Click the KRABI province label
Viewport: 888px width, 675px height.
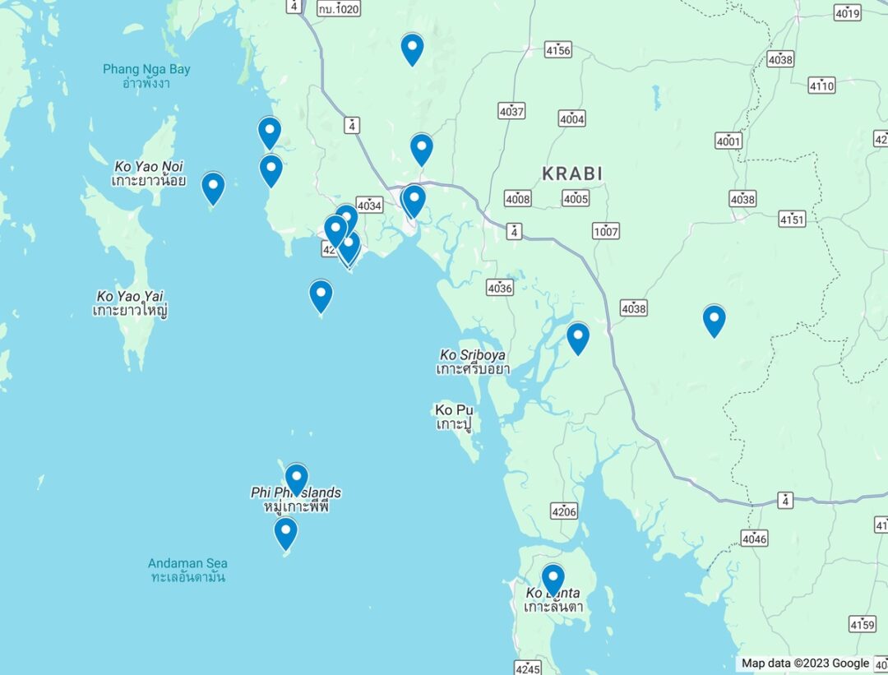point(572,173)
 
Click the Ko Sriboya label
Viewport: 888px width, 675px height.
point(473,362)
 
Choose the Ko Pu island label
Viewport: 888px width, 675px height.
point(455,417)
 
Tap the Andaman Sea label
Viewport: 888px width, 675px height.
point(187,570)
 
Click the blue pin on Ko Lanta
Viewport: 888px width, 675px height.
point(553,579)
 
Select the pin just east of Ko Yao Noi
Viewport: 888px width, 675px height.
point(213,187)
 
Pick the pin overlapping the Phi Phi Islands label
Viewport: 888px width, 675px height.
point(296,479)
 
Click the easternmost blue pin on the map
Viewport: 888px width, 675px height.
point(714,320)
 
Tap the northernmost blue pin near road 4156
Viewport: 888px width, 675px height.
point(412,49)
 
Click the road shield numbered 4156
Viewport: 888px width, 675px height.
point(557,51)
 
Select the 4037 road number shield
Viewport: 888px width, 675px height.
point(511,110)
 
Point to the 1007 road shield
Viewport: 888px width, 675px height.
point(606,231)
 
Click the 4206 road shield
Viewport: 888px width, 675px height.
point(564,511)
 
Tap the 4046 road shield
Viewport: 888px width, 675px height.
point(754,539)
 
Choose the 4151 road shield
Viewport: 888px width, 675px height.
point(793,220)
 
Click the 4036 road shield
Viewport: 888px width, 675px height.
point(500,288)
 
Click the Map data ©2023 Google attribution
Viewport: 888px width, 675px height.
point(804,663)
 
